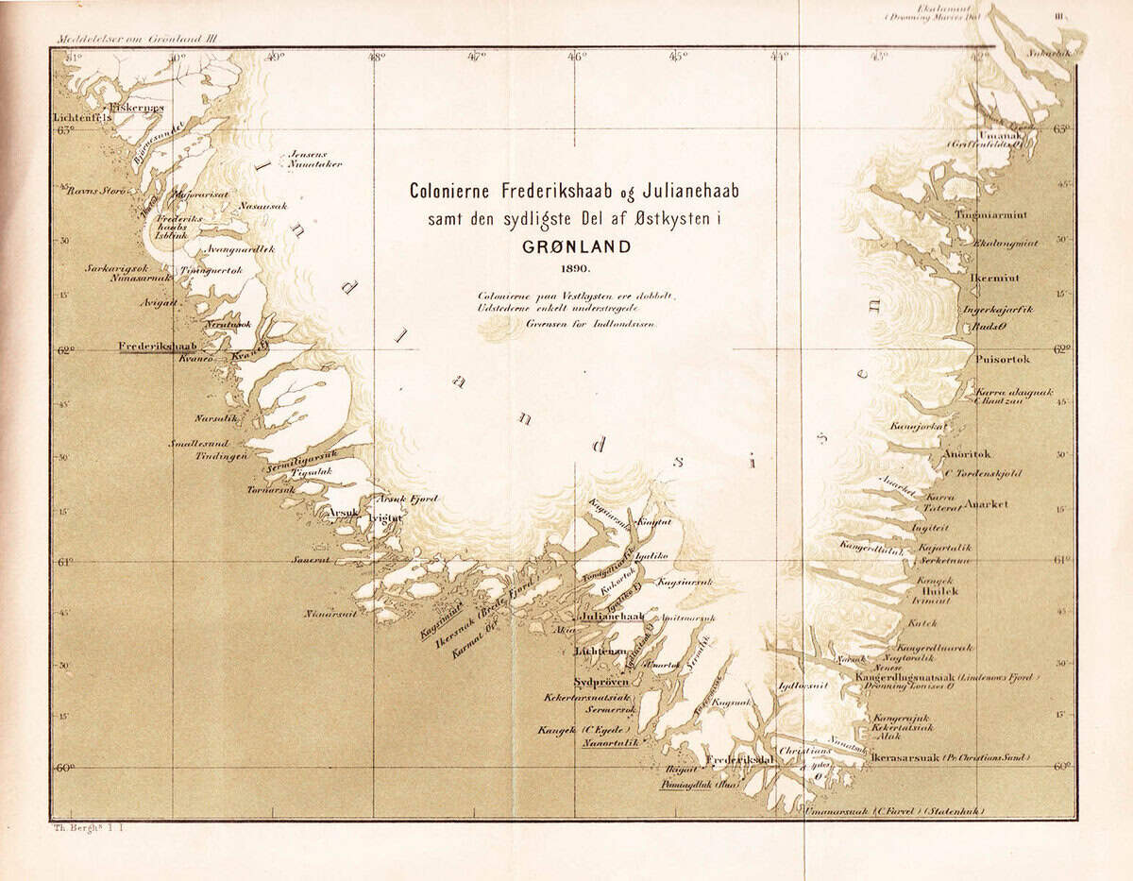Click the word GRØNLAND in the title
[573, 248]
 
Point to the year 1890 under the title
[573, 270]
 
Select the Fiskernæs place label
[137, 108]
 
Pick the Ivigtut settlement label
[384, 518]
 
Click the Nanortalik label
[610, 743]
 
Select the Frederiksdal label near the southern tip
[740, 759]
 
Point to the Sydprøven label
[601, 682]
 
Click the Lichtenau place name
[600, 652]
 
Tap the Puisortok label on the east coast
[1003, 360]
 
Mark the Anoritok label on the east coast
[967, 454]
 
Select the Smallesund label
[198, 443]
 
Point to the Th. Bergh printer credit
[85, 828]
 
